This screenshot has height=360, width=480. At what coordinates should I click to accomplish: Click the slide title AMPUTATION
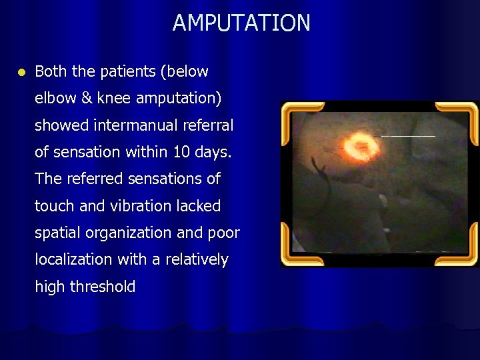point(241,23)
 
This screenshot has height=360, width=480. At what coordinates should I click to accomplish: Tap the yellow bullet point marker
point(21,71)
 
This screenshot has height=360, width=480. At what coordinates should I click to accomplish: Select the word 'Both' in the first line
point(49,71)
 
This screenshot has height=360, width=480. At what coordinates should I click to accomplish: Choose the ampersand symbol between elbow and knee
point(87,98)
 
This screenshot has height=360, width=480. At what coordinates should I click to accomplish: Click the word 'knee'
point(114,99)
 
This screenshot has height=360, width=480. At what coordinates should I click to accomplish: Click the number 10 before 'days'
point(181,152)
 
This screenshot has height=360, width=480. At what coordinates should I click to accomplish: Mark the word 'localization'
point(74,260)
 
